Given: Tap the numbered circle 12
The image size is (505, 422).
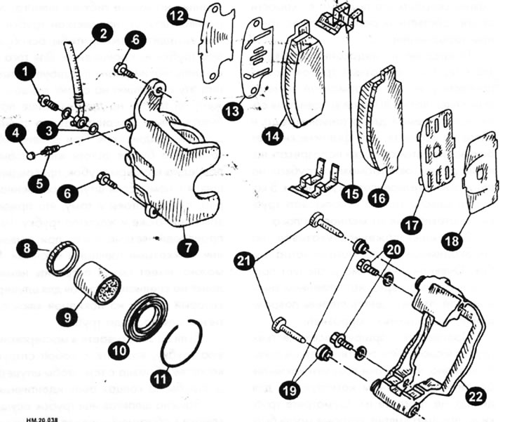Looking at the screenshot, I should coord(177,15).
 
